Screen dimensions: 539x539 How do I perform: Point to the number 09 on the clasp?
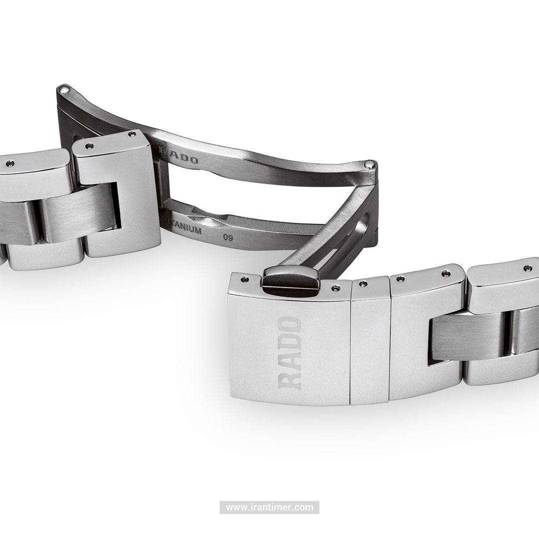[x=228, y=238]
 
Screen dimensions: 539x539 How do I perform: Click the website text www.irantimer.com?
[x=269, y=508]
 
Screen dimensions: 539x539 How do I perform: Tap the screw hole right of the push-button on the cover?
[x=334, y=288]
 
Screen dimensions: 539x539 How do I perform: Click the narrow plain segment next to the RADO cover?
[x=370, y=344]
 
